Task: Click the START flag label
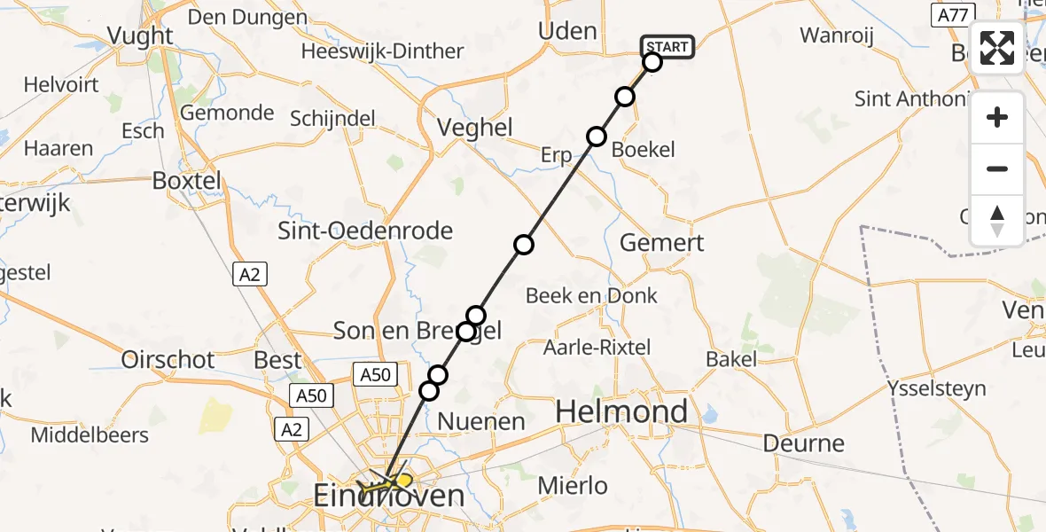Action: [x=667, y=47]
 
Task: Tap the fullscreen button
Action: [x=997, y=48]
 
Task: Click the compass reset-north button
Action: [x=997, y=221]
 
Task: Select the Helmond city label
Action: [x=621, y=411]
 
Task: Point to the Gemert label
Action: [x=662, y=243]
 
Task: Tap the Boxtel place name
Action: [x=186, y=181]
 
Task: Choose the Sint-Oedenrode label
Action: [x=365, y=231]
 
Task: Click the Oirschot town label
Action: [x=168, y=360]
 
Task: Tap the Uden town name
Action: [x=567, y=31]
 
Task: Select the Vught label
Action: [x=140, y=35]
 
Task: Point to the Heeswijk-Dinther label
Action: [x=382, y=51]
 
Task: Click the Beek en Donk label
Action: [x=591, y=296]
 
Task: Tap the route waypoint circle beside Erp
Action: [x=597, y=137]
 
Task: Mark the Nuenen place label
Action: [x=481, y=422]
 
